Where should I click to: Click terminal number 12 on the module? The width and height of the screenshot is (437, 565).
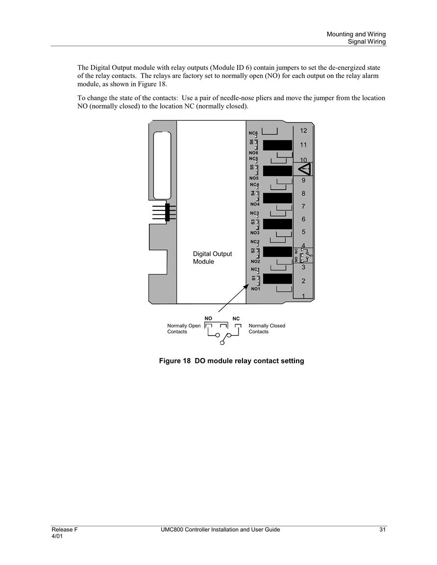point(303,131)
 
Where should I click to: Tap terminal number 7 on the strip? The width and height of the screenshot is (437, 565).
point(303,206)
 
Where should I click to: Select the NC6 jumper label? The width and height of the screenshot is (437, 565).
point(253,133)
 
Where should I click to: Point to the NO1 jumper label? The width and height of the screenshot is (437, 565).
point(255,289)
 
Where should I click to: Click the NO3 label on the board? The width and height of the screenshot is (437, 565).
point(255,233)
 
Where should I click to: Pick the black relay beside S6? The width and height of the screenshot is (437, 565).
point(277,145)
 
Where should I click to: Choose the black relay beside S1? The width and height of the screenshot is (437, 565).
point(277,278)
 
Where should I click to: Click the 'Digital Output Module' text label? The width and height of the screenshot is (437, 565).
point(212,258)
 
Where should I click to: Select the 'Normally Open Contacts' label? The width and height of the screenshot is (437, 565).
point(184,329)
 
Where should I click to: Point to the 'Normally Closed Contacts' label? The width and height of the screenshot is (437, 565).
point(267,329)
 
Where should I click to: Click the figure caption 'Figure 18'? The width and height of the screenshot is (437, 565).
point(175,361)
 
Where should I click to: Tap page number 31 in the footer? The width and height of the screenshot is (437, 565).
point(383,529)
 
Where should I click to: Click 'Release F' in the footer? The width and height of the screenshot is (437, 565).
point(65,529)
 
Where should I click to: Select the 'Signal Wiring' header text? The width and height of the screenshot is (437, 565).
point(366,42)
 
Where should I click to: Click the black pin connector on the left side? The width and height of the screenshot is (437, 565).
point(167,212)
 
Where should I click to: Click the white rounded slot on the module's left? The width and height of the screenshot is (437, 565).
point(162,165)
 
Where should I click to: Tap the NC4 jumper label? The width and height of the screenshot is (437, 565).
point(254,185)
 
